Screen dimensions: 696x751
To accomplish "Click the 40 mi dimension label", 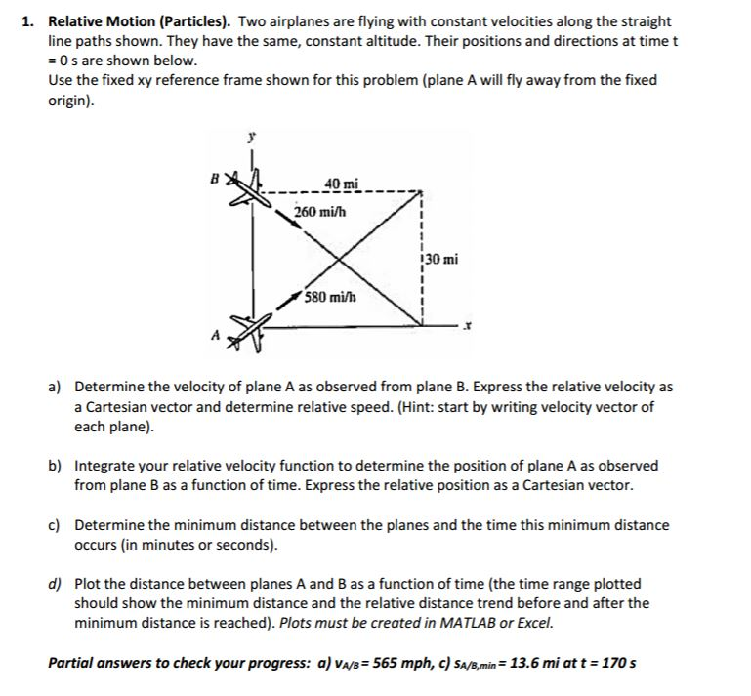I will point(342,184).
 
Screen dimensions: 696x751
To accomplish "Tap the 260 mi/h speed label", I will point(321,211).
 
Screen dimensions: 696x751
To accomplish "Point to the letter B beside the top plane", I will point(219,178).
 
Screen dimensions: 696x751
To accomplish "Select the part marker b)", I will point(57,466).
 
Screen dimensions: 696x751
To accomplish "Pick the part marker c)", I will point(56,525).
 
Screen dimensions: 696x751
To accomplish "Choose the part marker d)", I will point(57,584).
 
